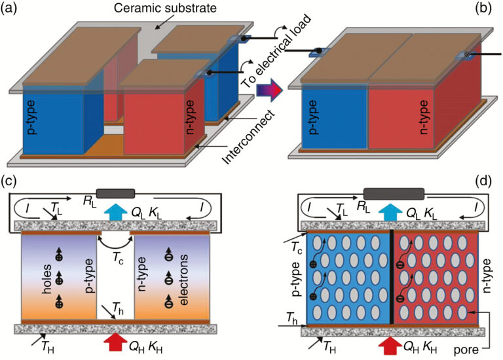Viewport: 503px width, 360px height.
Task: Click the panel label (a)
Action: click(11, 9)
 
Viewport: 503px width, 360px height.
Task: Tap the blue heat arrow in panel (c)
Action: click(116, 211)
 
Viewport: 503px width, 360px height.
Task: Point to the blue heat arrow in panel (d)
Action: click(393, 211)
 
